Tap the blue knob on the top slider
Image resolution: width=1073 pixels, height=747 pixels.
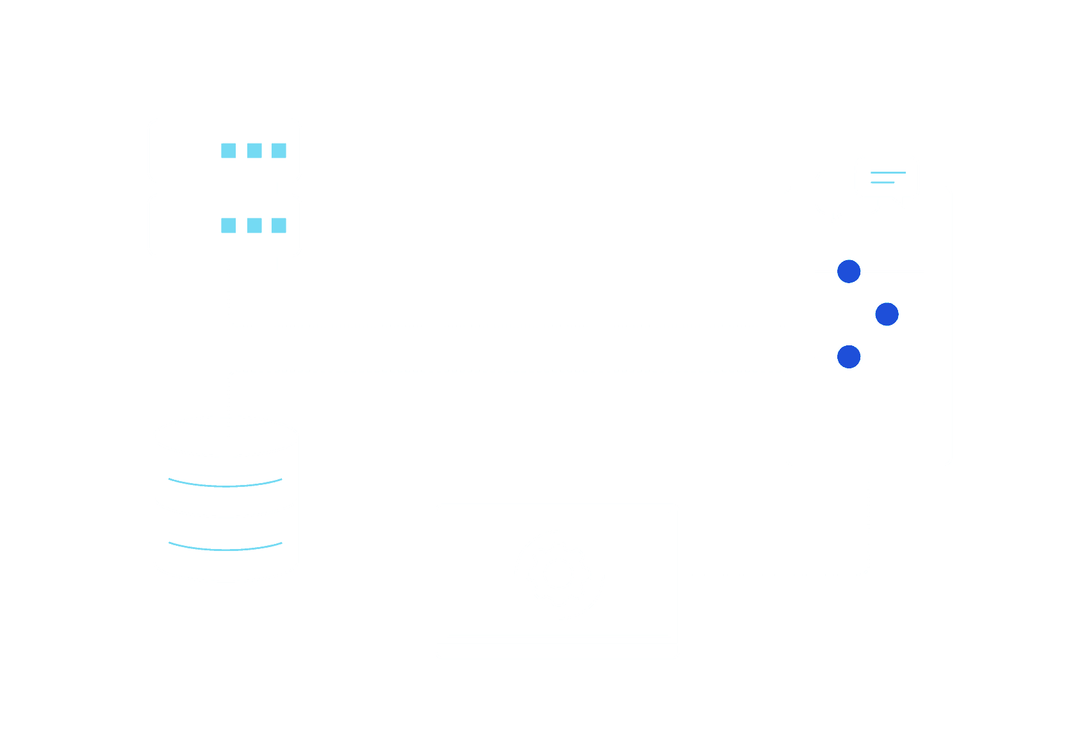click(x=849, y=272)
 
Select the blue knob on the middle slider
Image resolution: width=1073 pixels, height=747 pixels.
click(x=887, y=314)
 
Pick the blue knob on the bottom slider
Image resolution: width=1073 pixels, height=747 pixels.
click(x=849, y=356)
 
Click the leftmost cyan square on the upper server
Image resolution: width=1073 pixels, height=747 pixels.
click(x=229, y=151)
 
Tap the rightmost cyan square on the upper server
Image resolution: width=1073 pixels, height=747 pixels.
click(x=279, y=151)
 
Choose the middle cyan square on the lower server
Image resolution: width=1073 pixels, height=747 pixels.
click(x=254, y=226)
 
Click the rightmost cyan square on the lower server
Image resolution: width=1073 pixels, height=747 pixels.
click(x=279, y=226)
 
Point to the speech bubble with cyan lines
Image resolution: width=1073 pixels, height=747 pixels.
click(x=888, y=177)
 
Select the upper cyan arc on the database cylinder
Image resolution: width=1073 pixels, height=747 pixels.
click(x=225, y=484)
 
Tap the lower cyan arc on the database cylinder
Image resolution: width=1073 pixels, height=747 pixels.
click(x=225, y=548)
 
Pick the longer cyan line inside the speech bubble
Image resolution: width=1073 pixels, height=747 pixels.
click(x=889, y=173)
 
